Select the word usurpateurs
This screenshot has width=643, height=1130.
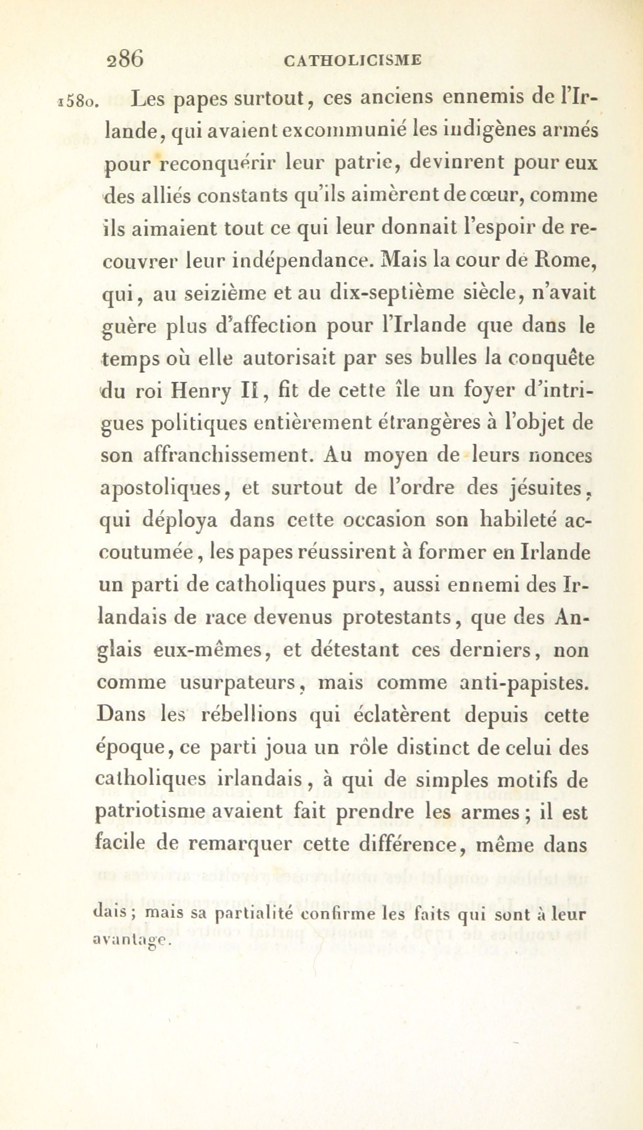tap(239, 683)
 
